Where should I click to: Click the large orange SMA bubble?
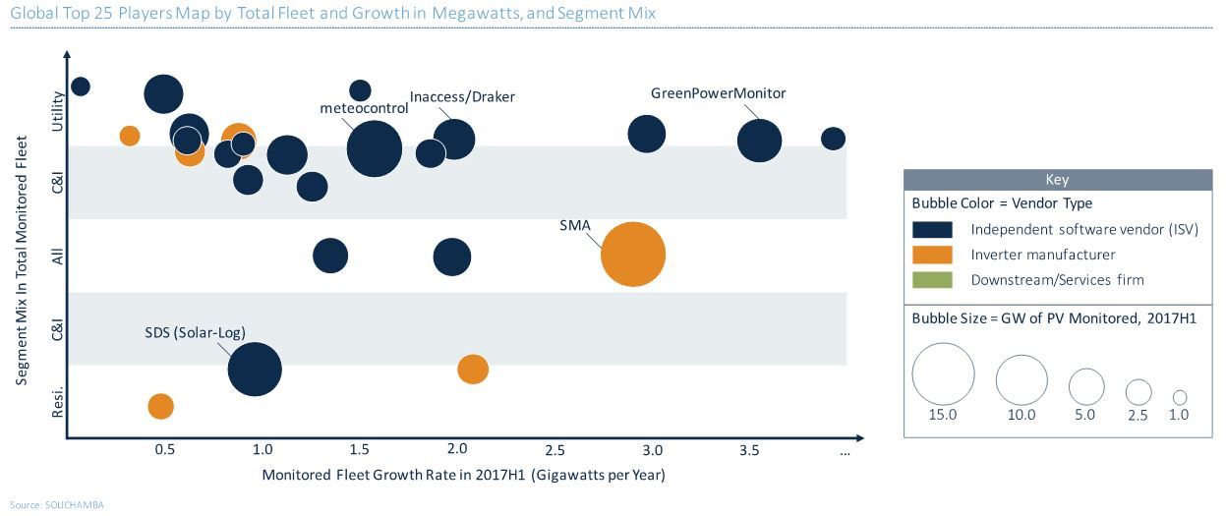tap(632, 255)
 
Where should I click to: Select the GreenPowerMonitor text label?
tap(719, 93)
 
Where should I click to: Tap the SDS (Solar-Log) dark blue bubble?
tap(255, 370)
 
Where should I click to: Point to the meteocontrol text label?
tap(364, 108)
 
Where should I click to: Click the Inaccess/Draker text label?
tap(462, 96)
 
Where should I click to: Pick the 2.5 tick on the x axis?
tap(555, 449)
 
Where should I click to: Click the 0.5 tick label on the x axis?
tap(165, 449)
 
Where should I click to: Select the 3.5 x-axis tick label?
tap(749, 449)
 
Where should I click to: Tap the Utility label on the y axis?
tap(58, 111)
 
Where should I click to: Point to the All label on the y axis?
tap(58, 256)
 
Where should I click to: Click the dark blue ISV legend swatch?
tap(932, 229)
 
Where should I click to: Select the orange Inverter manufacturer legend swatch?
tap(932, 255)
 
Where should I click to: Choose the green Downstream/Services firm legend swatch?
tap(932, 280)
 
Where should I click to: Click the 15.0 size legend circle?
tap(943, 373)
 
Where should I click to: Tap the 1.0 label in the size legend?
tap(1179, 415)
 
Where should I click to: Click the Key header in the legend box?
tap(1058, 180)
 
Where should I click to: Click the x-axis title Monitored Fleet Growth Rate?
tap(463, 475)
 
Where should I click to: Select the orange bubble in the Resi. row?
tap(160, 406)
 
